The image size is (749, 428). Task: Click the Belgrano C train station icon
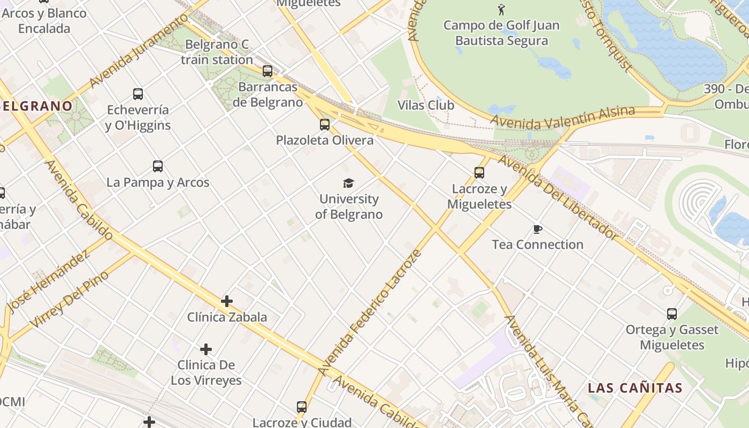(267, 71)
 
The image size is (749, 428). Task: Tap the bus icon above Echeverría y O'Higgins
(138, 94)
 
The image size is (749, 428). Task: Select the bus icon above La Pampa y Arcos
(157, 166)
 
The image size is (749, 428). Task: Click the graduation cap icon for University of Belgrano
(349, 184)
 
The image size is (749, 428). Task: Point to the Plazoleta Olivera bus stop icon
(325, 125)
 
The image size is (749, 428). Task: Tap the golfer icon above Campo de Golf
(501, 10)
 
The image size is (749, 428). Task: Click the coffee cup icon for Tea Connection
(538, 230)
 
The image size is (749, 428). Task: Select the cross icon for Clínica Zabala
(227, 301)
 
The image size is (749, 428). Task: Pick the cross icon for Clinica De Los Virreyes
(206, 349)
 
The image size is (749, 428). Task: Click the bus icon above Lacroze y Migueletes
(479, 173)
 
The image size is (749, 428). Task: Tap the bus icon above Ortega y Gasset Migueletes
(672, 314)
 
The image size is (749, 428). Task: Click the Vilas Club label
(426, 105)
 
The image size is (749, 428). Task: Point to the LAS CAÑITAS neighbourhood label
(635, 388)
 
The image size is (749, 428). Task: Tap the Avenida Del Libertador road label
(559, 197)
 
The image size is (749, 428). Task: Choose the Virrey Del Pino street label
(70, 300)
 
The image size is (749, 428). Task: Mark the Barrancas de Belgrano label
(267, 94)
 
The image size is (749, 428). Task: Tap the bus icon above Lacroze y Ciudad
(302, 407)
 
